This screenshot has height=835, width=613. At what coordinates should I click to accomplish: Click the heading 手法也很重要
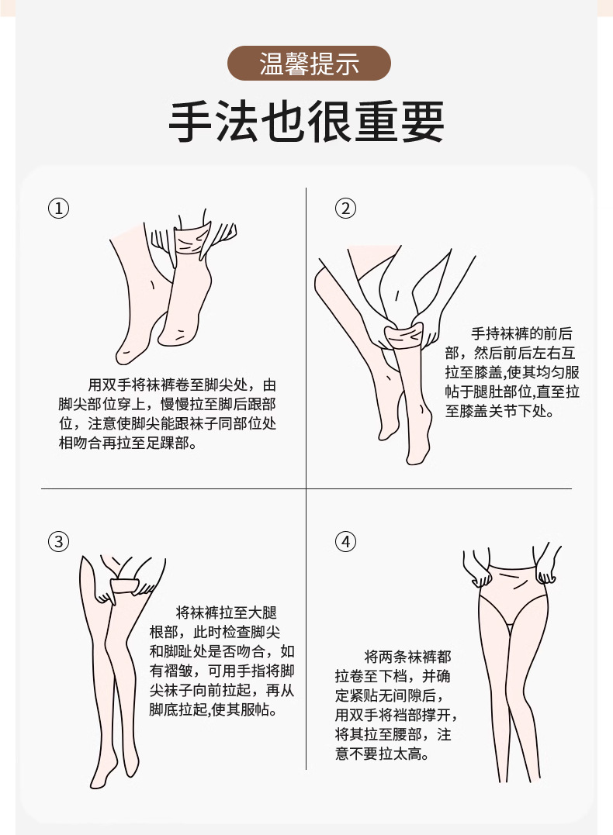306,122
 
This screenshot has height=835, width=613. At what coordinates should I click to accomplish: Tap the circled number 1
59,209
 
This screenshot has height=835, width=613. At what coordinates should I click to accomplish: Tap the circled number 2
346,209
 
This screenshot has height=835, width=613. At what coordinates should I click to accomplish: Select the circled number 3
59,541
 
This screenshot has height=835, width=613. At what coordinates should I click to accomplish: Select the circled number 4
346,541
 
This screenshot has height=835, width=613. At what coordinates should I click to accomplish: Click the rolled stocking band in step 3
126,586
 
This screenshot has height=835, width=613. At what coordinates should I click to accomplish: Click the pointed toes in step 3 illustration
98,782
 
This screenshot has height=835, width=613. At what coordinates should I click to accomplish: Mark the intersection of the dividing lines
306,488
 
